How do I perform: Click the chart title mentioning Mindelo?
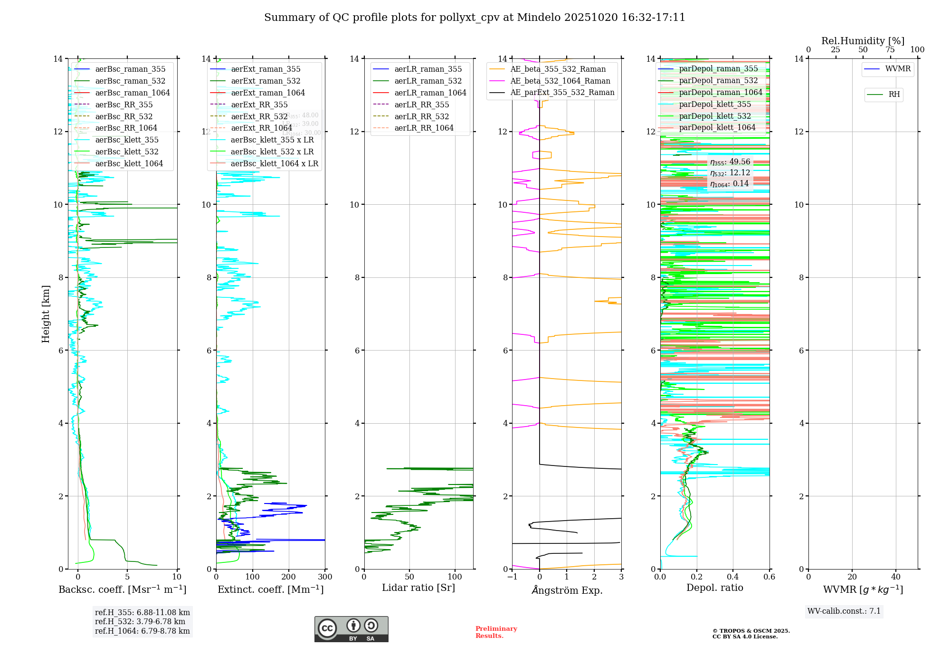tap(475, 18)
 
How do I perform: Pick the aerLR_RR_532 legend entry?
tap(421, 116)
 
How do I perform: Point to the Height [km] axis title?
tap(46, 313)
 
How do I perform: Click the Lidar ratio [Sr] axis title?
tap(418, 588)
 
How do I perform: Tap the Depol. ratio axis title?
tap(714, 588)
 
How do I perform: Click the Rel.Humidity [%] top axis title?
tap(863, 41)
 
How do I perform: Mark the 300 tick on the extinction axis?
tap(325, 577)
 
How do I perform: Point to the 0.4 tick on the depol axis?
tap(733, 577)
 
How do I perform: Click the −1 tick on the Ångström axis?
tap(512, 577)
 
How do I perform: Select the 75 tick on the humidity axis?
tap(890, 50)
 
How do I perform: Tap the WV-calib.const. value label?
tap(844, 611)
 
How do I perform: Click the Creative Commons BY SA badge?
tap(351, 629)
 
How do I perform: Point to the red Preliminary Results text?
tap(496, 632)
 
